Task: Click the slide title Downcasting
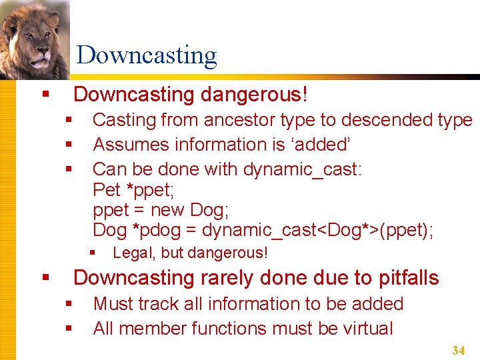point(147,55)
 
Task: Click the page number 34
point(458,350)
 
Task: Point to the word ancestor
point(240,120)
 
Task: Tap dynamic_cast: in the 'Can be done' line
point(303,169)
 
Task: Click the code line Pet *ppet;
point(133,189)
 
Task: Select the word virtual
point(364,329)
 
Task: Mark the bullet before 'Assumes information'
point(69,145)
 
